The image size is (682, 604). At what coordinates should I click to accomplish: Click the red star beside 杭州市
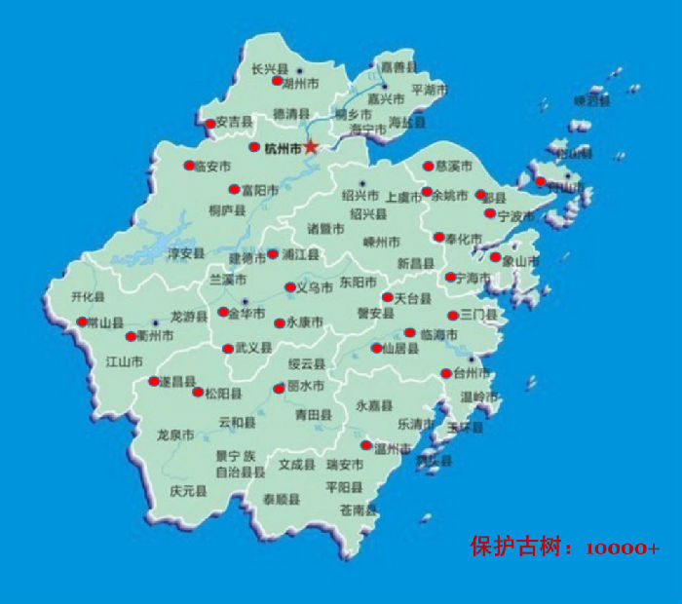[x=311, y=146]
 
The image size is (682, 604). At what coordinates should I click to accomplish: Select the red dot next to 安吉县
[x=209, y=124]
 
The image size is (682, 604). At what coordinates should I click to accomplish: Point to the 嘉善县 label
[x=398, y=66]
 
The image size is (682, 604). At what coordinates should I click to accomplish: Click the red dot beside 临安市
[x=189, y=166]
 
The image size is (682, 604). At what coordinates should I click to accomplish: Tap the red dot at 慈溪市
[x=427, y=166]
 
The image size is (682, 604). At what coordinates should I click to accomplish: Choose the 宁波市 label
[x=515, y=215]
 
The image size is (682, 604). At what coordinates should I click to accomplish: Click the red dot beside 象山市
[x=495, y=258]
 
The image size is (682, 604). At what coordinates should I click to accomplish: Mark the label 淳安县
[x=185, y=253]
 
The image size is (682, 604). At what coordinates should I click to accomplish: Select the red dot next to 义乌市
[x=289, y=287]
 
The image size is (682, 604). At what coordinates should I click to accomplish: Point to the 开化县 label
[x=88, y=296]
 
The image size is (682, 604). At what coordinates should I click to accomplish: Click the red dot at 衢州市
[x=132, y=337]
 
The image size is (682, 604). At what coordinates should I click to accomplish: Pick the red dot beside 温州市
[x=366, y=446]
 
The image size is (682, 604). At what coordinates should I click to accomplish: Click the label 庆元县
[x=188, y=491]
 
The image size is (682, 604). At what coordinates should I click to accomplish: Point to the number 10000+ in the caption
[x=623, y=548]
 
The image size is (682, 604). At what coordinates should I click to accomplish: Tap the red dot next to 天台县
[x=387, y=297]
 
